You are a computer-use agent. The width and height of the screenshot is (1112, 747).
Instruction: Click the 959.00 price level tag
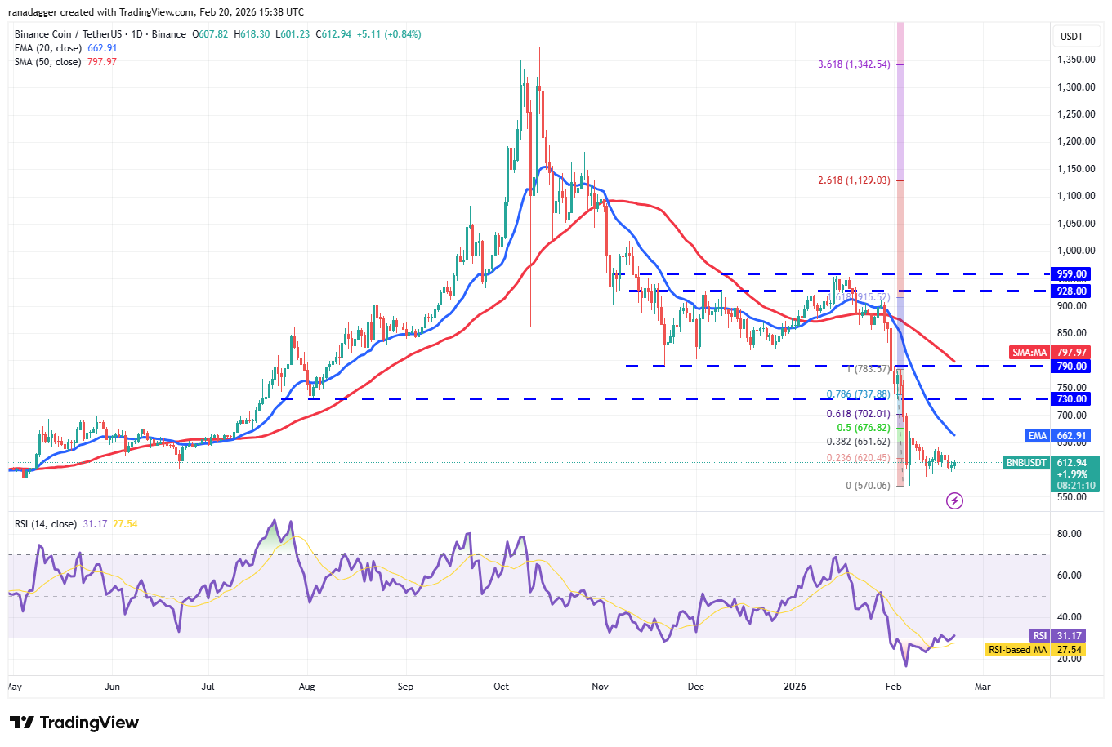tap(1071, 274)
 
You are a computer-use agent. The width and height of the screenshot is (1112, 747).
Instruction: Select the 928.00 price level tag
tap(1071, 291)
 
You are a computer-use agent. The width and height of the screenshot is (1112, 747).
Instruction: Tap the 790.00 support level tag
tap(1071, 367)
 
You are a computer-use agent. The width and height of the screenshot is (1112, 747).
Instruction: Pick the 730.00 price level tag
tap(1071, 399)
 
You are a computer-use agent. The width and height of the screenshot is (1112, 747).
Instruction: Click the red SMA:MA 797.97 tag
tap(1050, 353)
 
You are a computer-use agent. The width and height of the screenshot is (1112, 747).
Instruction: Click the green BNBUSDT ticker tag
tap(1026, 463)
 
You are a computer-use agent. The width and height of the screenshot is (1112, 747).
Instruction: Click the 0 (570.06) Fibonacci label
tap(868, 486)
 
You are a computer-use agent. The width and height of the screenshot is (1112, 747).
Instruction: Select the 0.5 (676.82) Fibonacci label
tap(864, 428)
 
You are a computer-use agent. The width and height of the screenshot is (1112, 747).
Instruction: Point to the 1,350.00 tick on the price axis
tap(1076, 60)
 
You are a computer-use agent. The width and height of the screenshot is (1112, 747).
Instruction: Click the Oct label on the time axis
tap(502, 687)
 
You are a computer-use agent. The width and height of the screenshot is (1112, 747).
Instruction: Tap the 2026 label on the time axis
tap(794, 687)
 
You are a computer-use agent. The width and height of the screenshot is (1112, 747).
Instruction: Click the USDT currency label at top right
tap(1071, 36)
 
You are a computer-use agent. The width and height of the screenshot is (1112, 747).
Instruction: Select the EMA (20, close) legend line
tap(65, 48)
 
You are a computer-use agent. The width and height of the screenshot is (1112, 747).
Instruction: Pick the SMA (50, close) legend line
tap(65, 62)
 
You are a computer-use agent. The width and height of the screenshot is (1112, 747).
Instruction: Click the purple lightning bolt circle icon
tap(954, 500)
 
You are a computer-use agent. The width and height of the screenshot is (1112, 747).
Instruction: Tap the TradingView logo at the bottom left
tap(74, 723)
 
